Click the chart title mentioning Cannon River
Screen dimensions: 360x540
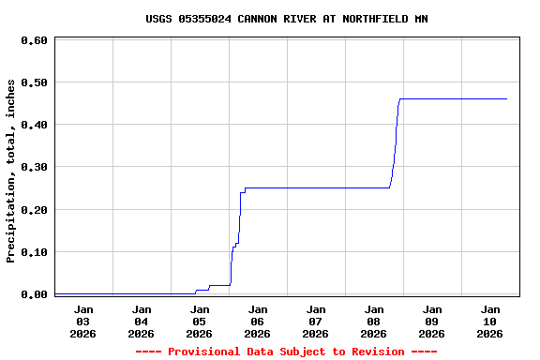click(x=287, y=19)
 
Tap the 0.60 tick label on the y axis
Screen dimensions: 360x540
click(x=34, y=40)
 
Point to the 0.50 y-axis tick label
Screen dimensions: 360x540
click(x=34, y=82)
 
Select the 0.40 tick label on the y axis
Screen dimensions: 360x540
click(x=34, y=125)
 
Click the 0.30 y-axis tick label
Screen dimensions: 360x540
click(x=34, y=167)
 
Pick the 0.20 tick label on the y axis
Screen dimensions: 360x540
click(x=34, y=210)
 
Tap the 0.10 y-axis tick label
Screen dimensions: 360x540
click(x=34, y=252)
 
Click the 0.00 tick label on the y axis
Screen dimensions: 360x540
click(x=34, y=294)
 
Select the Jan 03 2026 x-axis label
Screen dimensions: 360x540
click(x=83, y=321)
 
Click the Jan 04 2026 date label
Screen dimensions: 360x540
click(x=142, y=321)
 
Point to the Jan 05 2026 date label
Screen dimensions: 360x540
click(x=200, y=321)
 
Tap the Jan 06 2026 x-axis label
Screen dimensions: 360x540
click(x=258, y=321)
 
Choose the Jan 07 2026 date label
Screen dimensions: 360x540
click(x=316, y=321)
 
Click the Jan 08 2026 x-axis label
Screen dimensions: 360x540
click(x=374, y=321)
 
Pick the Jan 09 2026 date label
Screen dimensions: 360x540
click(x=432, y=321)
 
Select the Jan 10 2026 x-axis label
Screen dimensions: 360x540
click(x=490, y=321)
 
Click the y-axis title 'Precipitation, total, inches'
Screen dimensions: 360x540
click(x=11, y=171)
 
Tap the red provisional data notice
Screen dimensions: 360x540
click(x=287, y=352)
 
